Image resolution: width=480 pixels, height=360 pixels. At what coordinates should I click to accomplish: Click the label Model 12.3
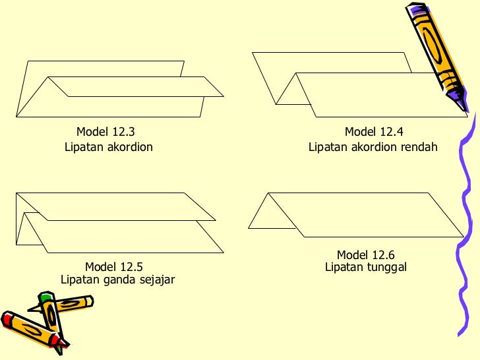pyautogui.click(x=105, y=132)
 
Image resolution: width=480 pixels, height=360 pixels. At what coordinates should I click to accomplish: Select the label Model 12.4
pyautogui.click(x=374, y=132)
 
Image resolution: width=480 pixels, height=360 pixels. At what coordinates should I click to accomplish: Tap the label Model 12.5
pyautogui.click(x=113, y=267)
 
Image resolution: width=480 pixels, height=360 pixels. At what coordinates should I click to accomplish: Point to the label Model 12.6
pyautogui.click(x=365, y=255)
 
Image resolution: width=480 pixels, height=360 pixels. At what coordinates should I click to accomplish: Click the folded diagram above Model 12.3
pyautogui.click(x=119, y=89)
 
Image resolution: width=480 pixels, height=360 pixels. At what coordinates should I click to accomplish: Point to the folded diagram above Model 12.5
pyautogui.click(x=119, y=222)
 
